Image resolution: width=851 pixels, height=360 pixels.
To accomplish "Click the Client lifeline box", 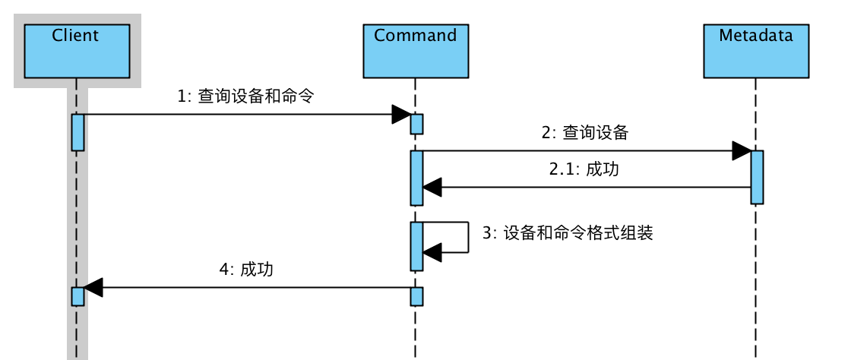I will (x=76, y=50).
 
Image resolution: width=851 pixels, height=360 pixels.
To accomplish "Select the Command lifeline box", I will (x=415, y=50).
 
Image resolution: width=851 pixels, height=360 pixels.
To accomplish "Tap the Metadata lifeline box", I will (x=755, y=50).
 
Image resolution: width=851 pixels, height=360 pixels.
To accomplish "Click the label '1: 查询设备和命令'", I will (x=245, y=96).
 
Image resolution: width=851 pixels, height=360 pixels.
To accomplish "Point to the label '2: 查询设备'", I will (x=585, y=133).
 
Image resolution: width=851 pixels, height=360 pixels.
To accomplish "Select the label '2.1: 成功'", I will (x=584, y=169).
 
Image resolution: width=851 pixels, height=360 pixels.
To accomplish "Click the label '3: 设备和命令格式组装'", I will (x=568, y=233).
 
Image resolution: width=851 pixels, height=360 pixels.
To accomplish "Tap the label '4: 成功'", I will (x=245, y=270).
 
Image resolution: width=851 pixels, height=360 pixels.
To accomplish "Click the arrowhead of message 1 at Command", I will (x=401, y=115).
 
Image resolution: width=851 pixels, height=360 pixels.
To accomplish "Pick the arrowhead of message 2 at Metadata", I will (x=742, y=151).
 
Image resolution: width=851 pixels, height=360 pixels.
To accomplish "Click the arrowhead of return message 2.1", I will (x=432, y=187).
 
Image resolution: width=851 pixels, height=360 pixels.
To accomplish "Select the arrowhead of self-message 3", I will (x=432, y=251).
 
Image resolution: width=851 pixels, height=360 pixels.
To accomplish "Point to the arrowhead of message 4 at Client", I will (x=93, y=288).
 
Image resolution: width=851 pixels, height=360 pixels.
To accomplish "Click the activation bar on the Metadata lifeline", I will (x=757, y=177).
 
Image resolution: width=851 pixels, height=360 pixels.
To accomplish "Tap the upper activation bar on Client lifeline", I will (x=78, y=132).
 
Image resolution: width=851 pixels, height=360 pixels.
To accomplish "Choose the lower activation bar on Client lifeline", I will (x=78, y=296).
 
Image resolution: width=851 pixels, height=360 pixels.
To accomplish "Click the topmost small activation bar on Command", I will (x=416, y=124).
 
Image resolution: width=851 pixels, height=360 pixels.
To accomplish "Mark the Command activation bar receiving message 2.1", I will (x=416, y=178).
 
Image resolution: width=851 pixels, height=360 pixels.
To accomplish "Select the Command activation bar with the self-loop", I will (x=416, y=246).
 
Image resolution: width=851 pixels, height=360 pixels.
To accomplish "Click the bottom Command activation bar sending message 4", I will (x=416, y=296).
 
